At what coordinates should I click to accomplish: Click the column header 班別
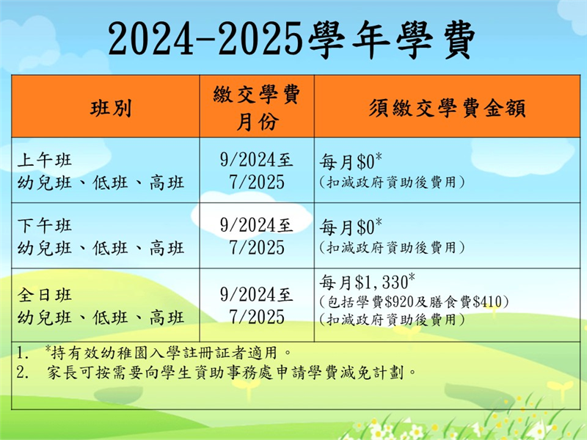pyautogui.click(x=111, y=109)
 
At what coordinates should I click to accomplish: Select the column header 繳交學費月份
pyautogui.click(x=257, y=108)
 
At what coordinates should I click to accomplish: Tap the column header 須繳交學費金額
pyautogui.click(x=448, y=109)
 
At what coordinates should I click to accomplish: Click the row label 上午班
pyautogui.click(x=45, y=160)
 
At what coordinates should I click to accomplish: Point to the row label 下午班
pyautogui.click(x=45, y=226)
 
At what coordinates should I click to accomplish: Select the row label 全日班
pyautogui.click(x=45, y=295)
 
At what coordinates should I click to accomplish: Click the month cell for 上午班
pyautogui.click(x=257, y=171)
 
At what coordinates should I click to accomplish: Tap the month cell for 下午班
pyautogui.click(x=257, y=236)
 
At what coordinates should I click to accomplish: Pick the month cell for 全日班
pyautogui.click(x=257, y=306)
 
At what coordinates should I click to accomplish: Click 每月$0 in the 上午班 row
pyautogui.click(x=351, y=161)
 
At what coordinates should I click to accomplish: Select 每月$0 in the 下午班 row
pyautogui.click(x=351, y=227)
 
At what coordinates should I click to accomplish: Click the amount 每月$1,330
pyautogui.click(x=367, y=282)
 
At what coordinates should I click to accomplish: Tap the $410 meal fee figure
pyautogui.click(x=487, y=301)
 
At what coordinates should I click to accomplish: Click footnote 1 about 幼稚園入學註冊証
pyautogui.click(x=153, y=353)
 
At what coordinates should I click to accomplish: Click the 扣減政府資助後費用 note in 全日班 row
pyautogui.click(x=392, y=320)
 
